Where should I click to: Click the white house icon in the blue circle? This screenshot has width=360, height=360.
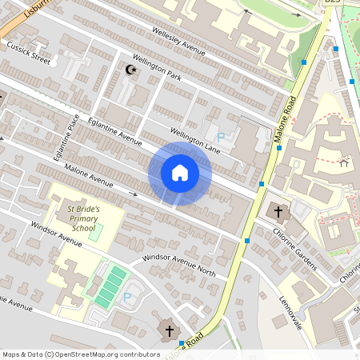(180, 172)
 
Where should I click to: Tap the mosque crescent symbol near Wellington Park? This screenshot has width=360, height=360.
(132, 70)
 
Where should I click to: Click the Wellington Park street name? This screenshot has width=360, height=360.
(156, 70)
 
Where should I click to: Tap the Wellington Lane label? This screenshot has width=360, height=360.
(194, 135)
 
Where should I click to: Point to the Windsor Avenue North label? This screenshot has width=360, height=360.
(179, 264)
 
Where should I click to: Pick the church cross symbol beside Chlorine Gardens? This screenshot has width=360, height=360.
(279, 212)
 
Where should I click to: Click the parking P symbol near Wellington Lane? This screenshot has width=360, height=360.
(221, 138)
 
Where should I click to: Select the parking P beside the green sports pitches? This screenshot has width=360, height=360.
(126, 297)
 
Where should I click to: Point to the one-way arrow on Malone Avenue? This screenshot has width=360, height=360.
(134, 194)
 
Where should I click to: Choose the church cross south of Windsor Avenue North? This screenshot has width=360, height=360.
(169, 330)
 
